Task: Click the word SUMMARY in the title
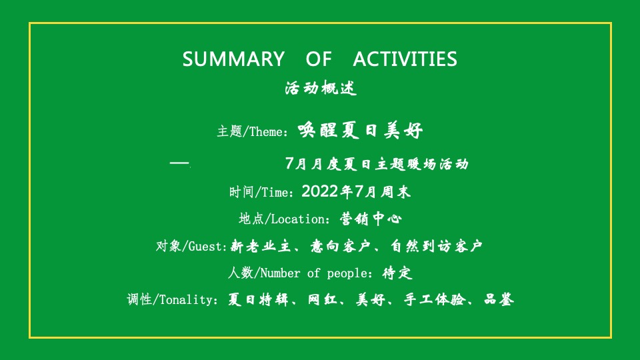(x=233, y=59)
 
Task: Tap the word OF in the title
(x=318, y=59)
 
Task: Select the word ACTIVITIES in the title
(x=405, y=59)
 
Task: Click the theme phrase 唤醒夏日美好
(x=360, y=130)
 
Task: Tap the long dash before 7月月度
(x=180, y=163)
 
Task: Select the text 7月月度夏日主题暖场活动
(x=377, y=163)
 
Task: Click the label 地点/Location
(x=284, y=219)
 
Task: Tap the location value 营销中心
(x=370, y=219)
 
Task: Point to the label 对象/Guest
(x=192, y=247)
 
